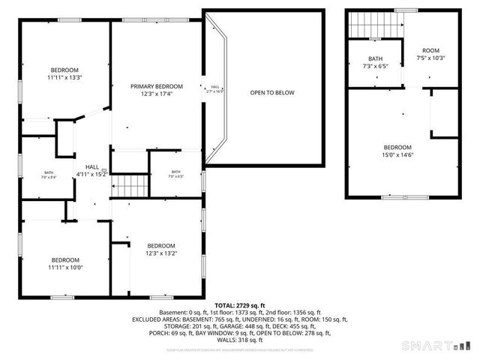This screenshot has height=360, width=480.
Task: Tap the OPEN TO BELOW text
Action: click(272, 92)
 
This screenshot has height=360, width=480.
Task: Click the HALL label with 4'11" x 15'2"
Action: click(91, 166)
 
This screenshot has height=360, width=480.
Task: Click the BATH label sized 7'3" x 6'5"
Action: click(376, 58)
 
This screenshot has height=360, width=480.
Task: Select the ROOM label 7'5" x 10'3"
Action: click(430, 51)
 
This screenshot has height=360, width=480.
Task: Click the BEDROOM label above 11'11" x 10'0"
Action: click(64, 259)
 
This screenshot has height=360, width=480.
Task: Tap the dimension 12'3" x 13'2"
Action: click(161, 253)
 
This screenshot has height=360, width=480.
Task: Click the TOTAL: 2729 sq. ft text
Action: click(240, 305)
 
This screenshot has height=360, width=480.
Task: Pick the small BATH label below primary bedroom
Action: click(175, 172)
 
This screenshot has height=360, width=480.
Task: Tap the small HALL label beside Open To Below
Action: click(215, 87)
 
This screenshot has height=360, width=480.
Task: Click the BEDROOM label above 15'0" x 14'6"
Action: click(397, 147)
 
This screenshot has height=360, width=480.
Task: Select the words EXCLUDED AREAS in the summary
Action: click(180, 319)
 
